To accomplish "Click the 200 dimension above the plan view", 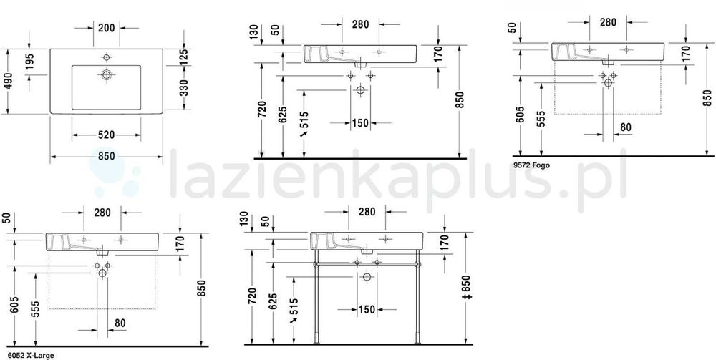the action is click(x=107, y=28).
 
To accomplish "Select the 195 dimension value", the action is click(x=29, y=62).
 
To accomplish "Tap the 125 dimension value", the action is click(x=183, y=58).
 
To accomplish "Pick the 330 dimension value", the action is click(x=183, y=87).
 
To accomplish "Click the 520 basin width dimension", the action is click(x=107, y=135).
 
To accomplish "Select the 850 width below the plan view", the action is click(x=107, y=157).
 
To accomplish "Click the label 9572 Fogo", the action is click(x=531, y=165).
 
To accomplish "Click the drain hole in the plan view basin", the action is click(x=107, y=75).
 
